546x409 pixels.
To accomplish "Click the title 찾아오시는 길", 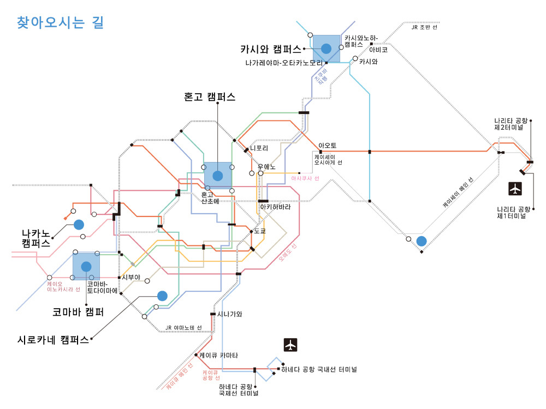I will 60,23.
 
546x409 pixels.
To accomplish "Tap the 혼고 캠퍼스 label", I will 210,97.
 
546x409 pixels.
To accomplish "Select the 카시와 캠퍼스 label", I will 271,49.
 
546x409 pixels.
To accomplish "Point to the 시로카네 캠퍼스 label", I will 53,339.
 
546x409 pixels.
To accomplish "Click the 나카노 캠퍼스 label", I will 36,239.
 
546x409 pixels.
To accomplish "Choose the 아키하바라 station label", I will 275,208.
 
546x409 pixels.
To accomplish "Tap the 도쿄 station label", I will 259,231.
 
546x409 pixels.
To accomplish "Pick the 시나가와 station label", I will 229,314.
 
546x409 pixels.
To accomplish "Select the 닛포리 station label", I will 260,148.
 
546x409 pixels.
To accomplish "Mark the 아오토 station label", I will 328,146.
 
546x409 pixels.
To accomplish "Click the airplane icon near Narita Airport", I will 515,189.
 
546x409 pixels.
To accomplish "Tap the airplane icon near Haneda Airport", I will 290,345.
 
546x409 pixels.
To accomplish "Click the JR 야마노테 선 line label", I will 183,328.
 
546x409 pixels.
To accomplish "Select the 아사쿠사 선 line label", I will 305,178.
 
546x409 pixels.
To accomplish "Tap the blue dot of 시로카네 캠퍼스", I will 162,296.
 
